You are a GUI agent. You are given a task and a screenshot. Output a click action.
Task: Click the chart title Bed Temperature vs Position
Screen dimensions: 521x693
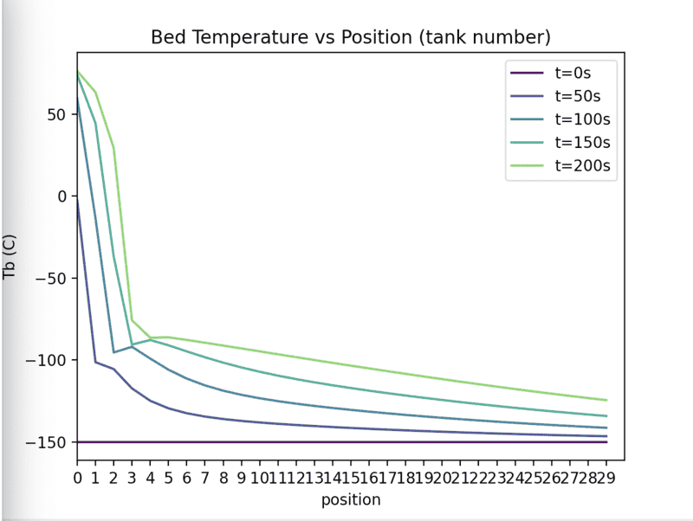351,38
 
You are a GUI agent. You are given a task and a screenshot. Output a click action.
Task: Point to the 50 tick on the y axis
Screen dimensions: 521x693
57,114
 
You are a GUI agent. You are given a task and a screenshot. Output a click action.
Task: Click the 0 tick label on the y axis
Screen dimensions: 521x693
62,196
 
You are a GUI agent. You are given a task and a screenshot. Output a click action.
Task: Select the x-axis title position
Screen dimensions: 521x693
351,499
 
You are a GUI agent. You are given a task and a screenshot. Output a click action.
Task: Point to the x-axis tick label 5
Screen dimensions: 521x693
168,477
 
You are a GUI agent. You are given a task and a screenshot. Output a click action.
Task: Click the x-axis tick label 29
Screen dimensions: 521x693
606,477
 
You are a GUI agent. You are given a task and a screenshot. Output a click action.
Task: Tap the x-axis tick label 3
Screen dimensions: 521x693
132,477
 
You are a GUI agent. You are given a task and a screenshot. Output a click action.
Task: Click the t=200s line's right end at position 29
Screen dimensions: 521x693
606,400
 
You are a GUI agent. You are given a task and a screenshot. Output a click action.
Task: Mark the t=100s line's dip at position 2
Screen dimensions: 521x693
113,352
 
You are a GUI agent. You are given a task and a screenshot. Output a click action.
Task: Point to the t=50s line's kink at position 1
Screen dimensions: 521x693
95,362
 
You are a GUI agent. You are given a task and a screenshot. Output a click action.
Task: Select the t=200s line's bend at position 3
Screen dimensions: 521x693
132,320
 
